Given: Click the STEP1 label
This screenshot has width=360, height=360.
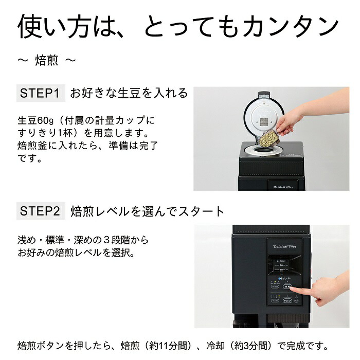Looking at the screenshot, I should pyautogui.click(x=41, y=94).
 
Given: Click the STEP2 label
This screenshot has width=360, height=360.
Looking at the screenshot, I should pyautogui.click(x=41, y=211).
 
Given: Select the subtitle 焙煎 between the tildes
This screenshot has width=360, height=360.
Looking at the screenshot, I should pyautogui.click(x=47, y=61).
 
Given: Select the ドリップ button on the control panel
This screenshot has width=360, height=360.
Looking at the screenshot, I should pyautogui.click(x=287, y=301).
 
